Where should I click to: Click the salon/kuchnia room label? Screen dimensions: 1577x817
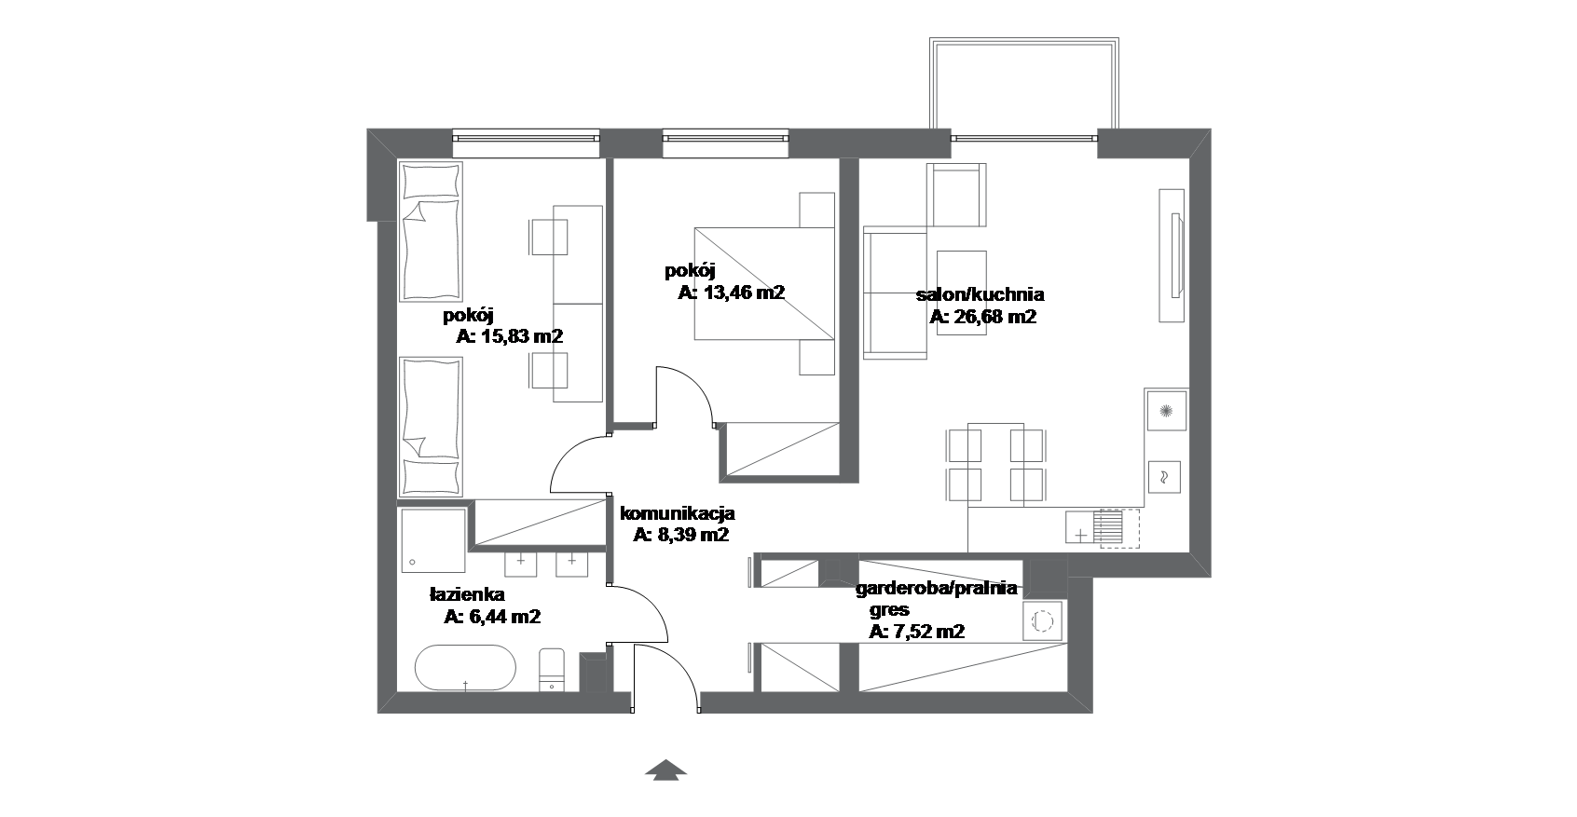click(980, 295)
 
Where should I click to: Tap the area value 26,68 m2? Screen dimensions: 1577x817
click(994, 317)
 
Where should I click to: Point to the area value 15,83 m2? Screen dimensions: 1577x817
click(521, 336)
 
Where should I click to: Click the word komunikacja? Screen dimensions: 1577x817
click(678, 513)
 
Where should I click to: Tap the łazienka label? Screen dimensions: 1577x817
click(467, 594)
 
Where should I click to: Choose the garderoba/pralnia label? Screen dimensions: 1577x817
click(937, 589)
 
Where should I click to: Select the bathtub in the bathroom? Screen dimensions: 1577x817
click(465, 667)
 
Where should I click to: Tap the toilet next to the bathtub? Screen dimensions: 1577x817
click(551, 670)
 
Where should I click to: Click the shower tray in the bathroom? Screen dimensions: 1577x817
click(433, 540)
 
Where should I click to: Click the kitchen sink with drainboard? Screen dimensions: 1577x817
click(1102, 528)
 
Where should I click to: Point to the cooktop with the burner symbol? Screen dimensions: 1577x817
click(1166, 410)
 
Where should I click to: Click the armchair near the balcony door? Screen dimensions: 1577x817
click(956, 195)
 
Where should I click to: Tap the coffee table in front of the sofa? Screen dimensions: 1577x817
click(961, 292)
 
